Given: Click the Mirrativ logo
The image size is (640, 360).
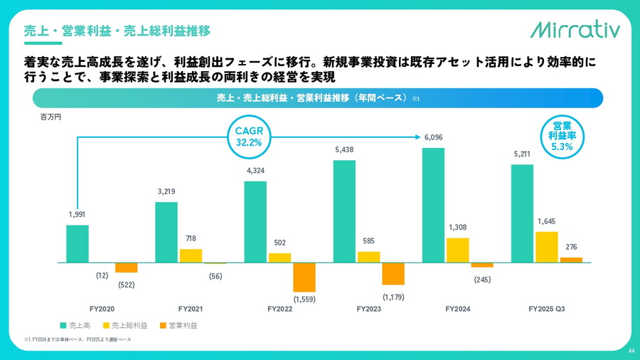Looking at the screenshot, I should (x=575, y=29).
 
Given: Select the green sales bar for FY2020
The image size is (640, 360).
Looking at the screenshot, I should (x=78, y=244).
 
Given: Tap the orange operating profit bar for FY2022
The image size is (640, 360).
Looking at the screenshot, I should (x=304, y=277).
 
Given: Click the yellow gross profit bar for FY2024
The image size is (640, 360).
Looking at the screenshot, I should (x=458, y=250).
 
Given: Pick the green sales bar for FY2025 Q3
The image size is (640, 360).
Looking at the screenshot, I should (x=522, y=213).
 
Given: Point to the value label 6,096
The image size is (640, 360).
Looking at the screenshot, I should (x=434, y=137).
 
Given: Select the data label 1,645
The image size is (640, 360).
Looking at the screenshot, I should (x=546, y=221).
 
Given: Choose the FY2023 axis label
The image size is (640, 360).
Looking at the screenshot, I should (x=369, y=309).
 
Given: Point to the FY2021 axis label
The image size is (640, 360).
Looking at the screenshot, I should (x=191, y=309).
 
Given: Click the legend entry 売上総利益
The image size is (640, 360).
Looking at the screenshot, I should (x=129, y=325).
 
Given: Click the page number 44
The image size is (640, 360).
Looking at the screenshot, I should (x=631, y=351).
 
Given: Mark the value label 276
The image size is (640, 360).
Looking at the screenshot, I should (x=570, y=247).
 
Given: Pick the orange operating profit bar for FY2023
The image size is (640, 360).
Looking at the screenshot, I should (x=393, y=274).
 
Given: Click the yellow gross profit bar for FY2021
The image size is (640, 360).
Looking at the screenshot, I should (x=191, y=256).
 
